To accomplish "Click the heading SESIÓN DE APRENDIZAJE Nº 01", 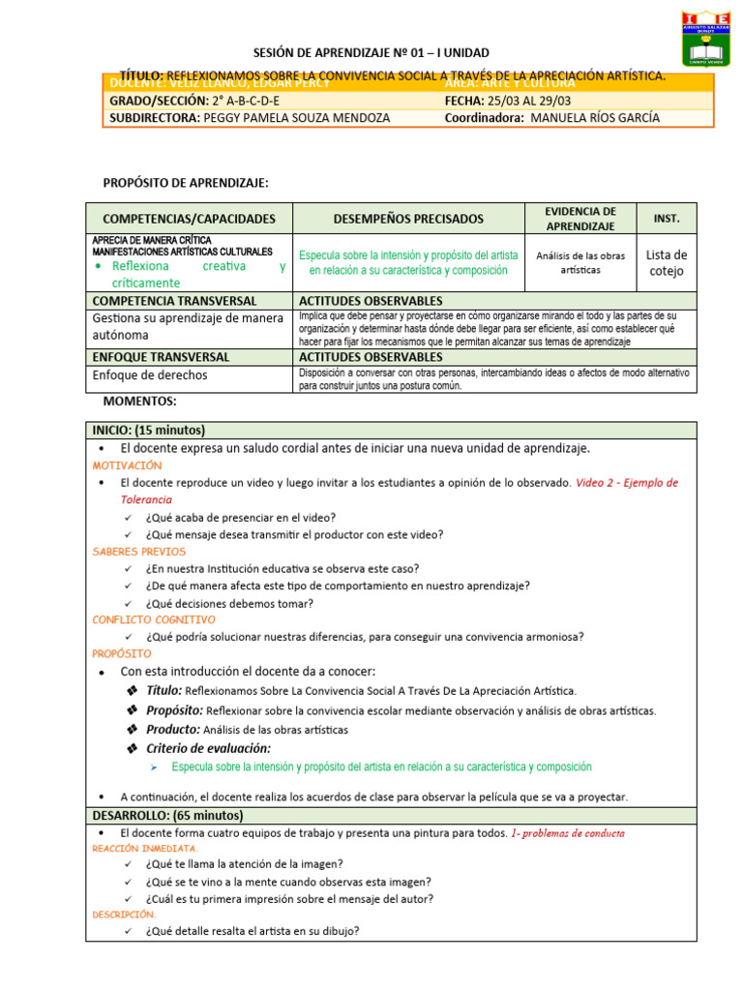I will (371, 52).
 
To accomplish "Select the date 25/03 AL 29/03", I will (515, 101).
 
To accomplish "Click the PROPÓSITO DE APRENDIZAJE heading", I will (186, 182).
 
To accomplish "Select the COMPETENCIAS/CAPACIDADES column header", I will (190, 220).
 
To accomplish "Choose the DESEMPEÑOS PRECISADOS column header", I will (408, 220).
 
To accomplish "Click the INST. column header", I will (667, 219).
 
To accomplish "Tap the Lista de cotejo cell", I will (667, 263).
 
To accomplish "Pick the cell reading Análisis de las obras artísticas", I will (580, 262).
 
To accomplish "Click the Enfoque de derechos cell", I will (150, 375).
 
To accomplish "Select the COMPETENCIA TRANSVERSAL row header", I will (174, 301).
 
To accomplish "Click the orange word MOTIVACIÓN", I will (127, 465).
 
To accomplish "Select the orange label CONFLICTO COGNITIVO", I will (154, 619).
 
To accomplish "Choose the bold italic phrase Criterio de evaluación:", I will (208, 748).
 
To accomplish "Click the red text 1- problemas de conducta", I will (568, 832).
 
